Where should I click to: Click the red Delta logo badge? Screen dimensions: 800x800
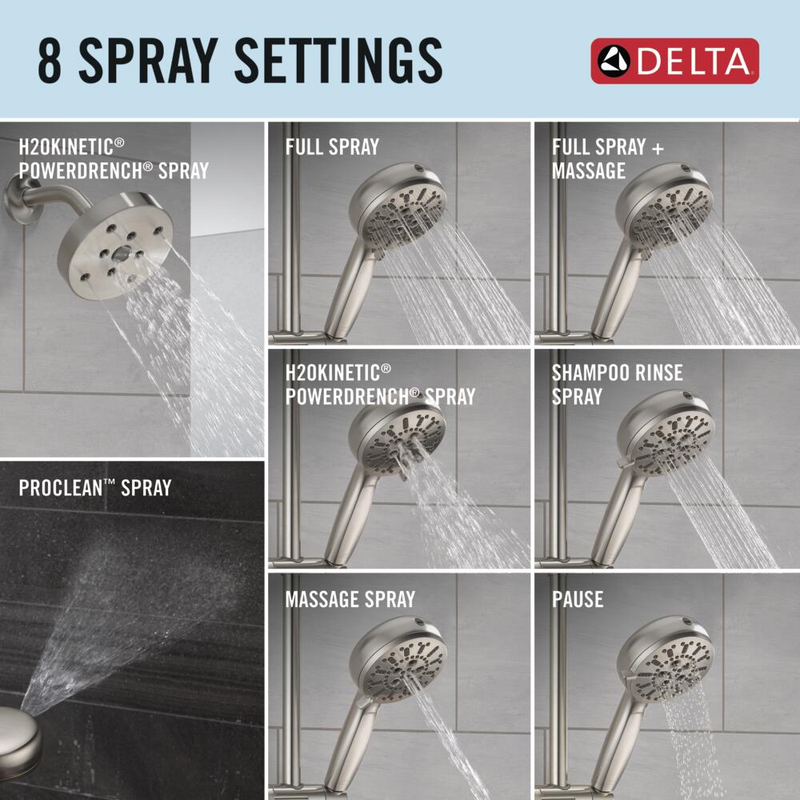[x=674, y=61]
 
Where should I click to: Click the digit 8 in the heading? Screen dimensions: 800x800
[x=50, y=62]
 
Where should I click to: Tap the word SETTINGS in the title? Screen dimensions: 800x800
[x=338, y=62]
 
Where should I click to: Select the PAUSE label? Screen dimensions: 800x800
[x=577, y=599]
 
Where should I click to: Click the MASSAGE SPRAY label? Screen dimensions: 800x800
[x=350, y=599]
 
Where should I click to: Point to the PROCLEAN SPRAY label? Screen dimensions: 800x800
[x=95, y=488]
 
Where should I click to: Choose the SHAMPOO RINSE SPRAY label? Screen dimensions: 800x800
[x=617, y=384]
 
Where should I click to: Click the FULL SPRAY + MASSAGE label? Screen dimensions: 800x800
[x=608, y=158]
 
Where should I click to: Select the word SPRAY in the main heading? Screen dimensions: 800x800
[x=149, y=62]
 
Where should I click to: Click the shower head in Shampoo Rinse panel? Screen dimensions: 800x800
[x=666, y=433]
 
